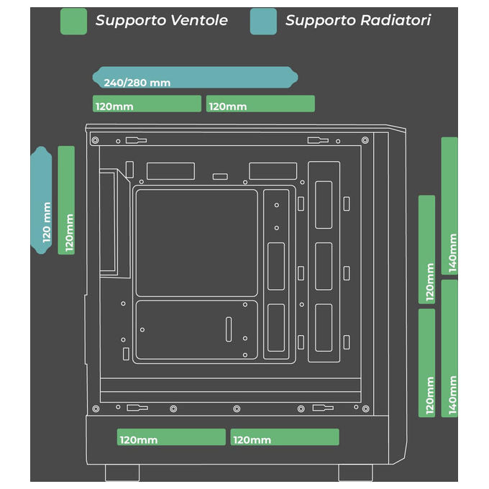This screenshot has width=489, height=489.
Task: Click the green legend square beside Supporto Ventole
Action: [73, 21]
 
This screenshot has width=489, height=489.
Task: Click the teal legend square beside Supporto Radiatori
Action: [263, 21]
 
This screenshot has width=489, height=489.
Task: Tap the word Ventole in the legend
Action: [199, 20]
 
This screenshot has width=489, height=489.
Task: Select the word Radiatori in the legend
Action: [396, 20]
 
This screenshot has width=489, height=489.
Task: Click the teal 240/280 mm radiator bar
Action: [195, 77]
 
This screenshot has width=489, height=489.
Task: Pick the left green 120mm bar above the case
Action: [147, 104]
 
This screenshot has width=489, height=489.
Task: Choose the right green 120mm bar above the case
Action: [260, 104]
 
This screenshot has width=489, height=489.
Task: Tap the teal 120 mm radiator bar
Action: [41, 200]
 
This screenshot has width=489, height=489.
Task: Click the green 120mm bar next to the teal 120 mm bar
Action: [66, 200]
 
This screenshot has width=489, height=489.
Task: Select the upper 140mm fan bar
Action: [449, 206]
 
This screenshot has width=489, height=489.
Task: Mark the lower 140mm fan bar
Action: [449, 348]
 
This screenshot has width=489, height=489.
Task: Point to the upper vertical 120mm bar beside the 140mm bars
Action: [426, 250]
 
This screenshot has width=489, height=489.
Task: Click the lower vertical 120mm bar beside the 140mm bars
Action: [426, 363]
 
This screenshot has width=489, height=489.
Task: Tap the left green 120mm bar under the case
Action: [171, 437]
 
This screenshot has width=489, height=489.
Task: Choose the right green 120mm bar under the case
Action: [285, 437]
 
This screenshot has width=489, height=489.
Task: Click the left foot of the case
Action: [122, 472]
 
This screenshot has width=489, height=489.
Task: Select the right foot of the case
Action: [355, 472]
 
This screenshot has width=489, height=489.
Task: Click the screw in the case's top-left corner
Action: [96, 140]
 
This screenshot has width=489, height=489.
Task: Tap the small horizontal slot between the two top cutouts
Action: [220, 177]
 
